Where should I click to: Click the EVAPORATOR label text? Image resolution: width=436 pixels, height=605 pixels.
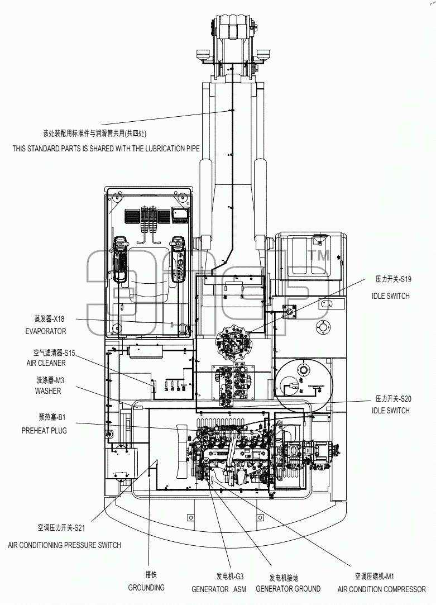click(x=45, y=331)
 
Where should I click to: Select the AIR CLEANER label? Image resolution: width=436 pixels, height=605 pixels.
click(x=46, y=363)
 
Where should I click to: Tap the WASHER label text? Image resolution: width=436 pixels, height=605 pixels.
click(x=48, y=391)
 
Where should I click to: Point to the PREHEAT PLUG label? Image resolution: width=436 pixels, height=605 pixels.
click(x=44, y=431)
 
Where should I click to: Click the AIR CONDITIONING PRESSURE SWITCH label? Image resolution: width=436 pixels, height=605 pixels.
click(x=64, y=545)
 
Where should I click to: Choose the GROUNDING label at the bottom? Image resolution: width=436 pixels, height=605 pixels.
click(x=146, y=588)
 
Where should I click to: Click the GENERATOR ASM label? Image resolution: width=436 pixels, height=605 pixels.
click(x=219, y=589)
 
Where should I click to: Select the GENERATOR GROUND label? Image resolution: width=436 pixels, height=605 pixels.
click(x=288, y=589)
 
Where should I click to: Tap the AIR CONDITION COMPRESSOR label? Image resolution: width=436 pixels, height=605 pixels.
click(x=382, y=589)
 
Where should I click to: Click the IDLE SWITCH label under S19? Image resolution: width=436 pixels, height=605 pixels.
click(x=391, y=296)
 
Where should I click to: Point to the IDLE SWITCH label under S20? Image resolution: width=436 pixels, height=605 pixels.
click(x=391, y=411)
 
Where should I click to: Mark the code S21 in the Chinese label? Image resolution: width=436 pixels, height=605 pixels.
click(x=80, y=528)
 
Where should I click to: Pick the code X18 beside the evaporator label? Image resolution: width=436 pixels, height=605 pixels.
click(x=59, y=319)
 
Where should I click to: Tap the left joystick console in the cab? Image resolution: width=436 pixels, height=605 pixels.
click(x=121, y=259)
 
